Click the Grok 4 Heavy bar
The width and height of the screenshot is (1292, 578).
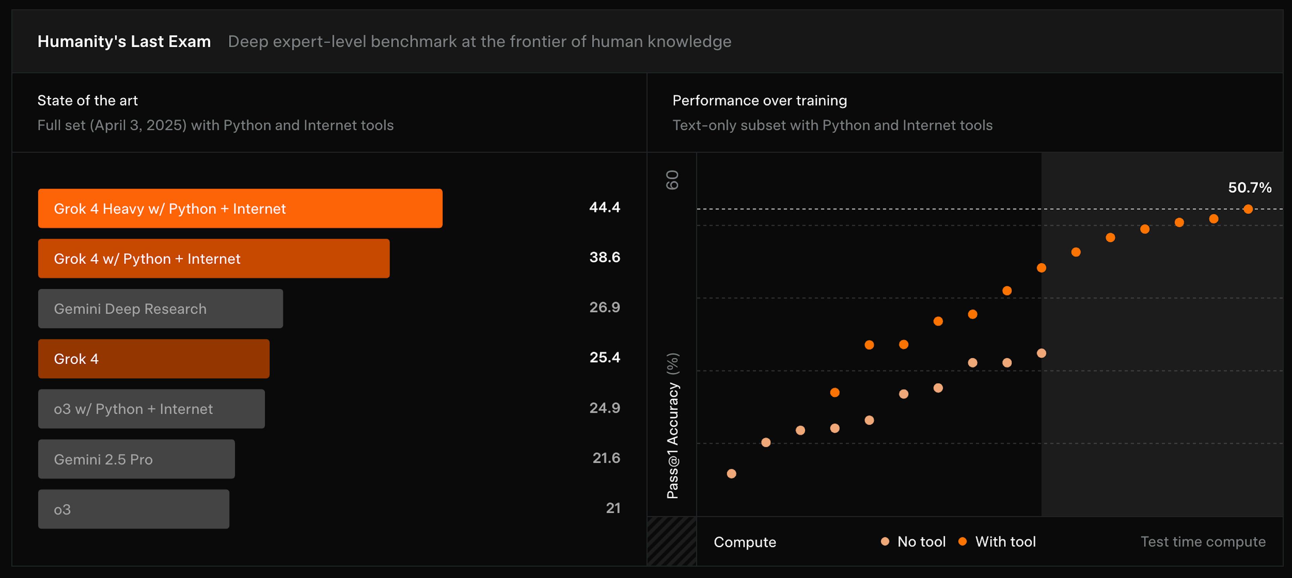(240, 208)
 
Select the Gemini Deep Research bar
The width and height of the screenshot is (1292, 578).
(160, 309)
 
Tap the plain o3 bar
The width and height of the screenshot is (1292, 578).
(134, 509)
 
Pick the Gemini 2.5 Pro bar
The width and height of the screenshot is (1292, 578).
(136, 459)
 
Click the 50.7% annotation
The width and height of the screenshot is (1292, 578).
(1249, 188)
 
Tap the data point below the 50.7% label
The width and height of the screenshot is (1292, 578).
(1248, 209)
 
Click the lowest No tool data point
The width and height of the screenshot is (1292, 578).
(731, 474)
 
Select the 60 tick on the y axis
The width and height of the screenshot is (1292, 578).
(672, 180)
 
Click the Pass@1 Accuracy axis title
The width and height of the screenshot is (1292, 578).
(673, 426)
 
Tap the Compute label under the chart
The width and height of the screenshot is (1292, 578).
(745, 542)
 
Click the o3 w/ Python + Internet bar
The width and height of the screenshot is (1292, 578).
(151, 409)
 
